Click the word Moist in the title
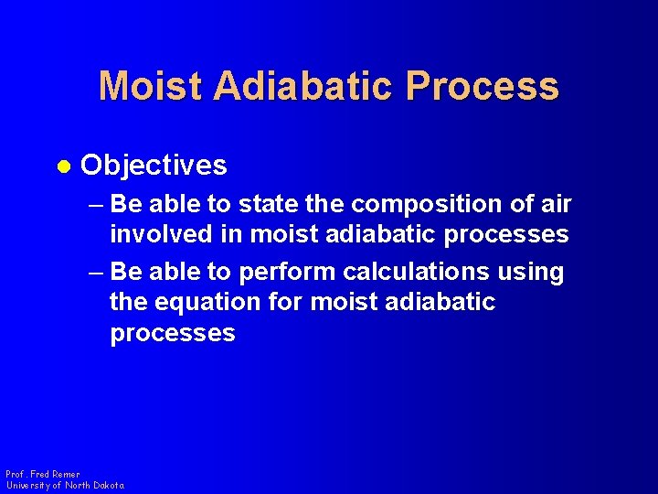point(151,86)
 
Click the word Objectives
point(154,166)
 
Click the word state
point(281,203)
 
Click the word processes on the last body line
point(173,333)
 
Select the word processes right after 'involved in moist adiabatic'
point(506,234)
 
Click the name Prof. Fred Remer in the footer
point(42,475)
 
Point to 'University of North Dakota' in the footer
point(65,486)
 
